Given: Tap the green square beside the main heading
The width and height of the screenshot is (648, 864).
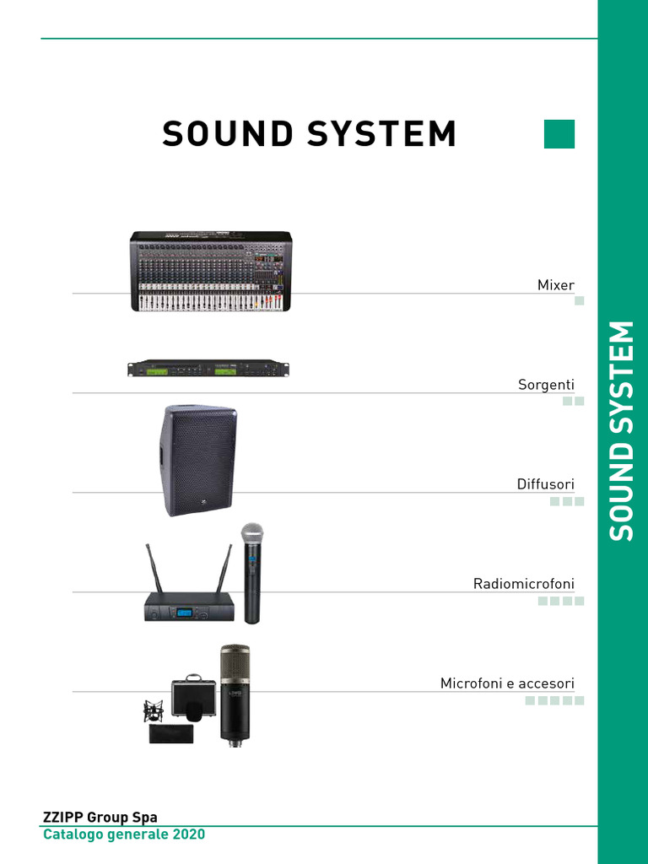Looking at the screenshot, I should click(559, 134).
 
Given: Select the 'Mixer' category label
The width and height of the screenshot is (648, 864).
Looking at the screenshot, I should click(555, 285).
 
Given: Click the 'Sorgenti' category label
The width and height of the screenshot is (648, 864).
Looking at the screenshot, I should click(546, 385).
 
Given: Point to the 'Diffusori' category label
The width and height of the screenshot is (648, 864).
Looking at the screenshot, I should click(545, 484).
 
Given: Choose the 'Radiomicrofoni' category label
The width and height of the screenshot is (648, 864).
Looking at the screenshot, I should click(523, 584).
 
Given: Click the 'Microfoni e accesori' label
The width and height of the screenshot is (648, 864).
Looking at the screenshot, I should click(507, 683).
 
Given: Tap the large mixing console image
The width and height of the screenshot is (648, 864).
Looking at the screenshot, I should click(211, 271).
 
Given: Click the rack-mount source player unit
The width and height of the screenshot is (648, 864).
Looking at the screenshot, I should click(208, 370).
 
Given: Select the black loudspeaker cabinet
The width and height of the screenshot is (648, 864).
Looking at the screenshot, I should click(199, 460).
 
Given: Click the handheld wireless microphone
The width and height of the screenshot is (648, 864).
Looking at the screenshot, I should click(251, 574).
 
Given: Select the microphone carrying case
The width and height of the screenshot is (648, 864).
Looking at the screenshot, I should click(193, 699).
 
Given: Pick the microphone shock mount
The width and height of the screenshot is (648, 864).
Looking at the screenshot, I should click(154, 711).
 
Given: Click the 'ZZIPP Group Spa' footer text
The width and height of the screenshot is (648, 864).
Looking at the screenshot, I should click(100, 817).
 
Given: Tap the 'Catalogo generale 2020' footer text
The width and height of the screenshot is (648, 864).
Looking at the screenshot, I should click(124, 834).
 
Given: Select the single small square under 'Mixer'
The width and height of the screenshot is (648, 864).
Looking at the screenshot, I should click(579, 301).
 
